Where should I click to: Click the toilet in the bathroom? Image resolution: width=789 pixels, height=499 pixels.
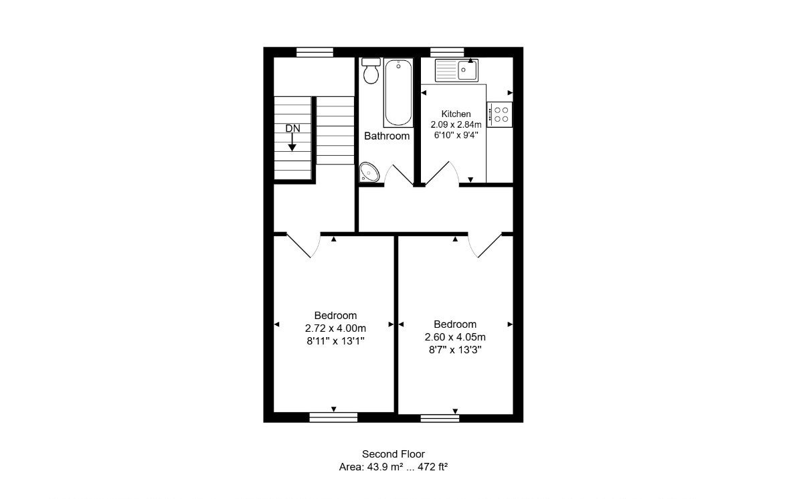click(x=371, y=71)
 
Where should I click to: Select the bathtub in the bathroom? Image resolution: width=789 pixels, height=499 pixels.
click(x=398, y=92)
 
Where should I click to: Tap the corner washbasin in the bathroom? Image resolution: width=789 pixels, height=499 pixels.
click(x=369, y=173)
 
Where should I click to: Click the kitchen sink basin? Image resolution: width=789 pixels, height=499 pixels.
click(x=468, y=70)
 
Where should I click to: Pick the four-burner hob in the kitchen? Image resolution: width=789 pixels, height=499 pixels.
click(x=500, y=114)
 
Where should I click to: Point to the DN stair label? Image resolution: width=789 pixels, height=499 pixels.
click(x=292, y=128)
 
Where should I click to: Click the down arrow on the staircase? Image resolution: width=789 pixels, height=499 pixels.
click(x=292, y=142)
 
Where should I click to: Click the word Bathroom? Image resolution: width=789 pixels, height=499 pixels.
click(x=386, y=136)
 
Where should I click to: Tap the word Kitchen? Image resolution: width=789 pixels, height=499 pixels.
click(x=456, y=114)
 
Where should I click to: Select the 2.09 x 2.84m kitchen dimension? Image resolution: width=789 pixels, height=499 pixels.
click(x=456, y=124)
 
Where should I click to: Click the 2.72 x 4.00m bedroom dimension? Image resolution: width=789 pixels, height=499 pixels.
click(x=335, y=328)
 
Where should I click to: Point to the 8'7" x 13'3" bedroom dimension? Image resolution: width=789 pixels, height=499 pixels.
click(x=455, y=350)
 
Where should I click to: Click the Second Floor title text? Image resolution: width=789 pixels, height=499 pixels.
click(x=393, y=454)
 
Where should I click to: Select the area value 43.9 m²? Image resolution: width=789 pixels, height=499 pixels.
click(x=385, y=467)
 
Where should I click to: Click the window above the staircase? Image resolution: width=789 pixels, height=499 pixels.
click(x=315, y=52)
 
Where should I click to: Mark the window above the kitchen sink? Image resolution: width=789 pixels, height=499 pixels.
click(x=447, y=52)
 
